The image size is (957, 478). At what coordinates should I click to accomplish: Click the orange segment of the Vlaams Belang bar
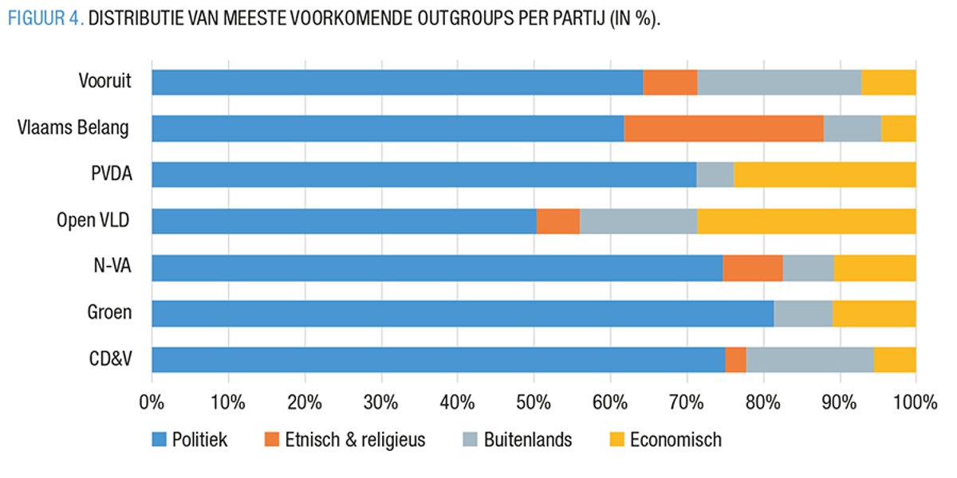(x=723, y=128)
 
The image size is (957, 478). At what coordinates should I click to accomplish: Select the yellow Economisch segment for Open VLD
(x=806, y=221)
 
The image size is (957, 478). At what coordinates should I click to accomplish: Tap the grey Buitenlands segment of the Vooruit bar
(x=779, y=82)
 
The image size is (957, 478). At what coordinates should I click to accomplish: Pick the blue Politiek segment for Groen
(x=463, y=313)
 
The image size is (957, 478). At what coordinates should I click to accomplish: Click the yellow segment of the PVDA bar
(x=825, y=174)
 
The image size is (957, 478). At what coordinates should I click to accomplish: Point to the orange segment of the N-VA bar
(x=752, y=267)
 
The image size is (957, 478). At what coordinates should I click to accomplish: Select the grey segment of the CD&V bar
(x=809, y=359)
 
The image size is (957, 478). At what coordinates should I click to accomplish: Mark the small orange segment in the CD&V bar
(x=735, y=359)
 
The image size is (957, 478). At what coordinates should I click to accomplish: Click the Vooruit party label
(x=104, y=81)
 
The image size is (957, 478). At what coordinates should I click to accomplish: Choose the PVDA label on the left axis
(x=110, y=174)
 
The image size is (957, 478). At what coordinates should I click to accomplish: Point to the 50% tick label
(x=534, y=400)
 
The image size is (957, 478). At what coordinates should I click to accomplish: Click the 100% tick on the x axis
(x=915, y=400)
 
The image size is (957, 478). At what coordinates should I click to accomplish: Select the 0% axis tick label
(x=152, y=400)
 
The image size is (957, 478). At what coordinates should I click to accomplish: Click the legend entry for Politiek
(x=199, y=439)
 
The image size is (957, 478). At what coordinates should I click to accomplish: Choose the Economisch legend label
(x=675, y=439)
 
